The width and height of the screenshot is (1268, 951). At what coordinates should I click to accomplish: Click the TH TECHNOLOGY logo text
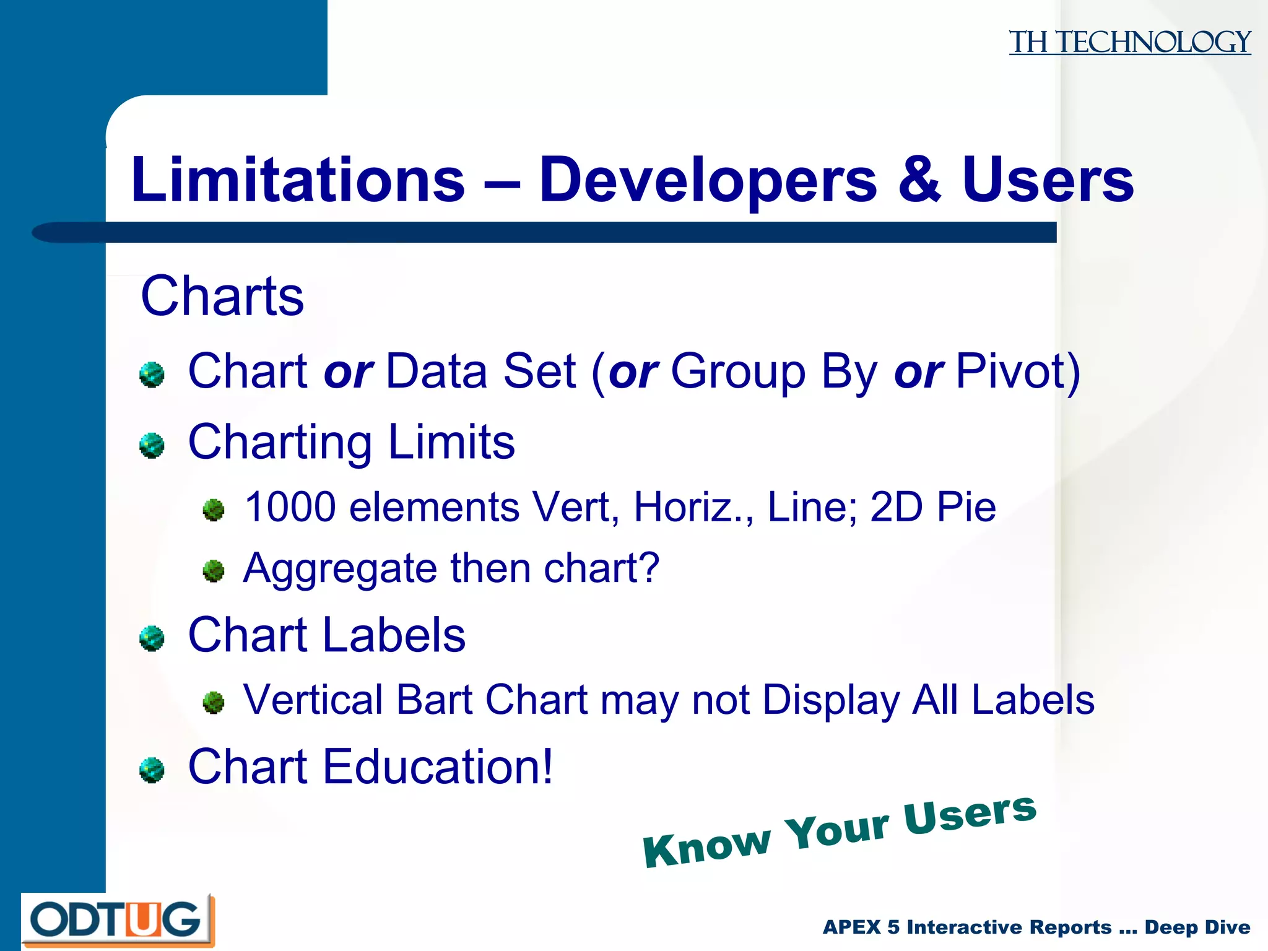pos(1129,42)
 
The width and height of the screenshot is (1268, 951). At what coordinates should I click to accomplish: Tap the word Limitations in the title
pos(298,180)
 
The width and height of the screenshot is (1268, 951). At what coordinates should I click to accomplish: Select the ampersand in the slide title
pos(919,180)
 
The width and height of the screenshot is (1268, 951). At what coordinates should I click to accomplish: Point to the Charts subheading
pos(222,296)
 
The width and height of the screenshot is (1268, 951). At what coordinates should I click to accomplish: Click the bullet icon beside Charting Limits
pos(152,445)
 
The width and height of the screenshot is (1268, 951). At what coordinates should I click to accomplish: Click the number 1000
pos(290,507)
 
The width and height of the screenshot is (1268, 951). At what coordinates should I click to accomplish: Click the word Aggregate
pos(339,569)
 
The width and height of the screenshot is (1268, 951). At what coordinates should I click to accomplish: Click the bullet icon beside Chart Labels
pos(152,638)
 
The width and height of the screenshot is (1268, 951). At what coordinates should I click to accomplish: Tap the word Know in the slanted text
pos(706,847)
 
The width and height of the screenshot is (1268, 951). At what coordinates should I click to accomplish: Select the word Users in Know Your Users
pos(969,814)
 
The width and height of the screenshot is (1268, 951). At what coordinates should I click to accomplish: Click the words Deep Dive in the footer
pos(1197,927)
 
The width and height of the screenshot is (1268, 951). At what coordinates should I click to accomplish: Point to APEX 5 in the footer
pos(861,927)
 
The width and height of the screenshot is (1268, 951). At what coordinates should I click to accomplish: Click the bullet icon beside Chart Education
pos(152,770)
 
